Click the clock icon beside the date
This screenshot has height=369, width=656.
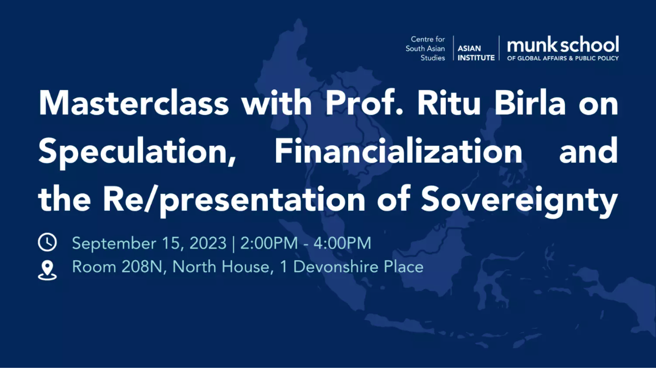(x=47, y=242)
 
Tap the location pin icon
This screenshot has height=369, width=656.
(x=47, y=270)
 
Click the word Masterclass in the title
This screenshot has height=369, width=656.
(x=134, y=103)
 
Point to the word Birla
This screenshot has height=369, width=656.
(x=530, y=103)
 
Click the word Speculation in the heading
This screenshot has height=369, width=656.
(x=137, y=152)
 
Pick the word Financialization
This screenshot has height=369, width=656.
(x=398, y=151)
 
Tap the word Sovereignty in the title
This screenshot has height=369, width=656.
(x=519, y=200)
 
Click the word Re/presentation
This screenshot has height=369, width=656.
(x=234, y=200)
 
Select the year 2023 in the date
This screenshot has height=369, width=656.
(x=208, y=244)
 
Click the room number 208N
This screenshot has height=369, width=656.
(x=142, y=267)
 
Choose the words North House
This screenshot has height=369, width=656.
(x=221, y=267)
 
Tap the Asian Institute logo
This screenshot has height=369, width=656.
(x=476, y=53)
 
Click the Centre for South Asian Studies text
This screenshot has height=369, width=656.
(x=425, y=49)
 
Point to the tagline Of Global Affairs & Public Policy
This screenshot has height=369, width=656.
(x=563, y=58)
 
